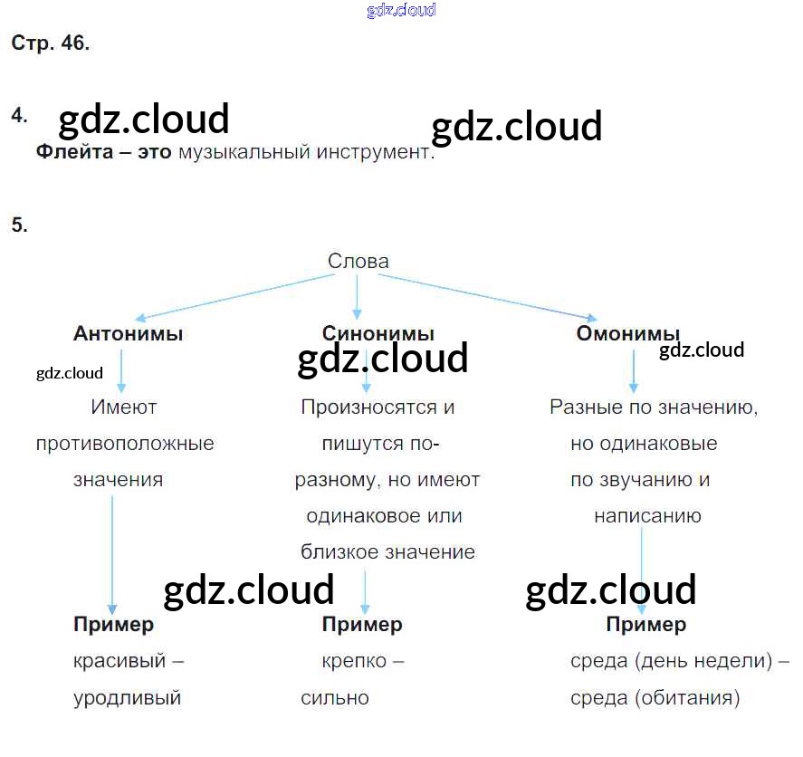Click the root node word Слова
click(358, 262)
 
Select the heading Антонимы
click(129, 333)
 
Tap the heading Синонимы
click(378, 333)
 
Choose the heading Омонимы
click(628, 333)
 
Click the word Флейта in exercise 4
click(74, 152)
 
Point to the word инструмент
click(376, 152)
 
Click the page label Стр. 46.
click(51, 43)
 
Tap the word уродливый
click(127, 698)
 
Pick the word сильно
click(335, 698)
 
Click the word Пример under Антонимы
click(113, 624)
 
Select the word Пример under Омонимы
click(645, 624)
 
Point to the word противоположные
click(125, 444)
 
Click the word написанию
click(647, 516)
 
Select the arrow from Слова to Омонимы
click(489, 297)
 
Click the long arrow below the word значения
click(112, 552)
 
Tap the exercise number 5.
click(19, 225)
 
